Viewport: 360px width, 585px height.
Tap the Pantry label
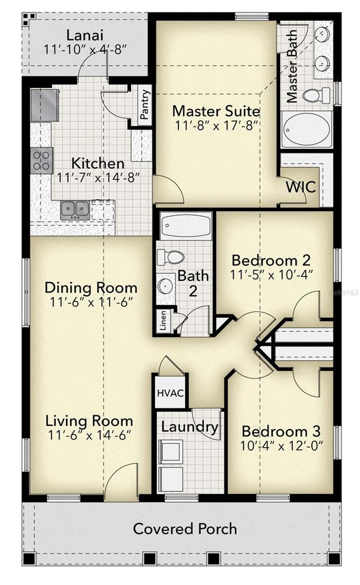tap(145, 103)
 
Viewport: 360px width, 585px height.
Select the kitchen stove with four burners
tap(41, 160)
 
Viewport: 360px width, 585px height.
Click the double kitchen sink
tap(75, 210)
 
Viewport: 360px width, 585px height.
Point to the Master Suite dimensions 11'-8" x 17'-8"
tap(216, 125)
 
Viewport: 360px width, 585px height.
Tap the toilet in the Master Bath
tap(316, 95)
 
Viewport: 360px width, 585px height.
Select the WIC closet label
tap(301, 187)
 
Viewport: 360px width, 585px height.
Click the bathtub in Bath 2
tap(186, 225)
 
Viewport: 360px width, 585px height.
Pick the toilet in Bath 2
tap(170, 256)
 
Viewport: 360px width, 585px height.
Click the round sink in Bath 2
tap(166, 286)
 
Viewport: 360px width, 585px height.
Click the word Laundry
tap(189, 427)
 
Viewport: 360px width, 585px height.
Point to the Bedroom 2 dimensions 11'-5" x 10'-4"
tap(271, 275)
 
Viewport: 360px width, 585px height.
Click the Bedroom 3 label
tap(281, 431)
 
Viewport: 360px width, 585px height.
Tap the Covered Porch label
tap(185, 528)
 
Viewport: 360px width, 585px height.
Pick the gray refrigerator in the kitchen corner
tap(44, 105)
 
